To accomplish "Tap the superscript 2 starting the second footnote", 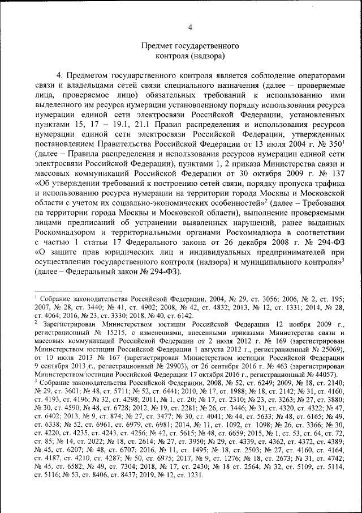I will (x=36, y=320).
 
